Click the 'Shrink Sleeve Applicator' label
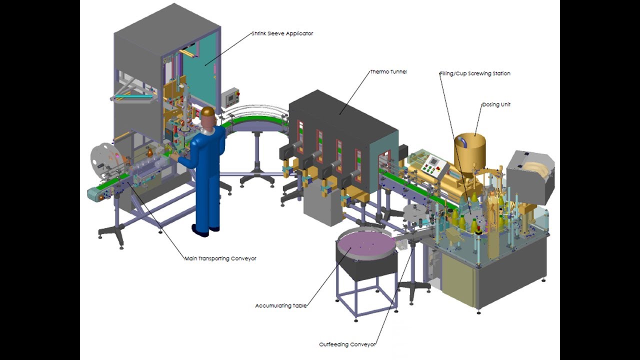[282, 33]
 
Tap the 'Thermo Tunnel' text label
[388, 71]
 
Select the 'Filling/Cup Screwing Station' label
[474, 73]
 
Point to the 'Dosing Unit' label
[496, 104]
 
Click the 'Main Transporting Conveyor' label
[220, 258]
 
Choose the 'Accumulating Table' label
[280, 305]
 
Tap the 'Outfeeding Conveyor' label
[347, 344]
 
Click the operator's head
[207, 116]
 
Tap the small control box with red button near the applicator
[230, 97]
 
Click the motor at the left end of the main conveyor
[93, 194]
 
